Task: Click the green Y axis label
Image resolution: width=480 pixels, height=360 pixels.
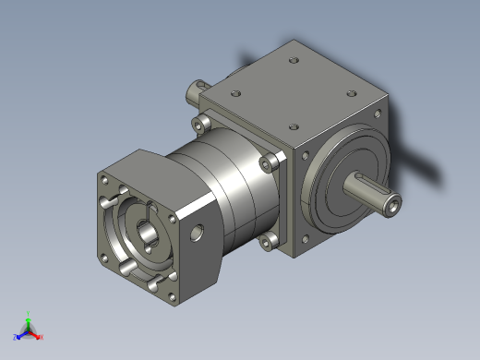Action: pyautogui.click(x=29, y=313)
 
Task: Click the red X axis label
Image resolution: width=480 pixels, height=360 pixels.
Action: pyautogui.click(x=41, y=337)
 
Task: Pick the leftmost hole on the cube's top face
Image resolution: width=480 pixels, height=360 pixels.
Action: pyautogui.click(x=236, y=93)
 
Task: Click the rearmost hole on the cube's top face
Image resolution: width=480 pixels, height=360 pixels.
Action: pyautogui.click(x=294, y=61)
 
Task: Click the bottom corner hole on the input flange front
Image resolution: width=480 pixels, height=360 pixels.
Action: pyautogui.click(x=172, y=297)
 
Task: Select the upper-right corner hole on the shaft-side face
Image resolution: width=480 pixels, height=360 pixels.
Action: pyautogui.click(x=377, y=114)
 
